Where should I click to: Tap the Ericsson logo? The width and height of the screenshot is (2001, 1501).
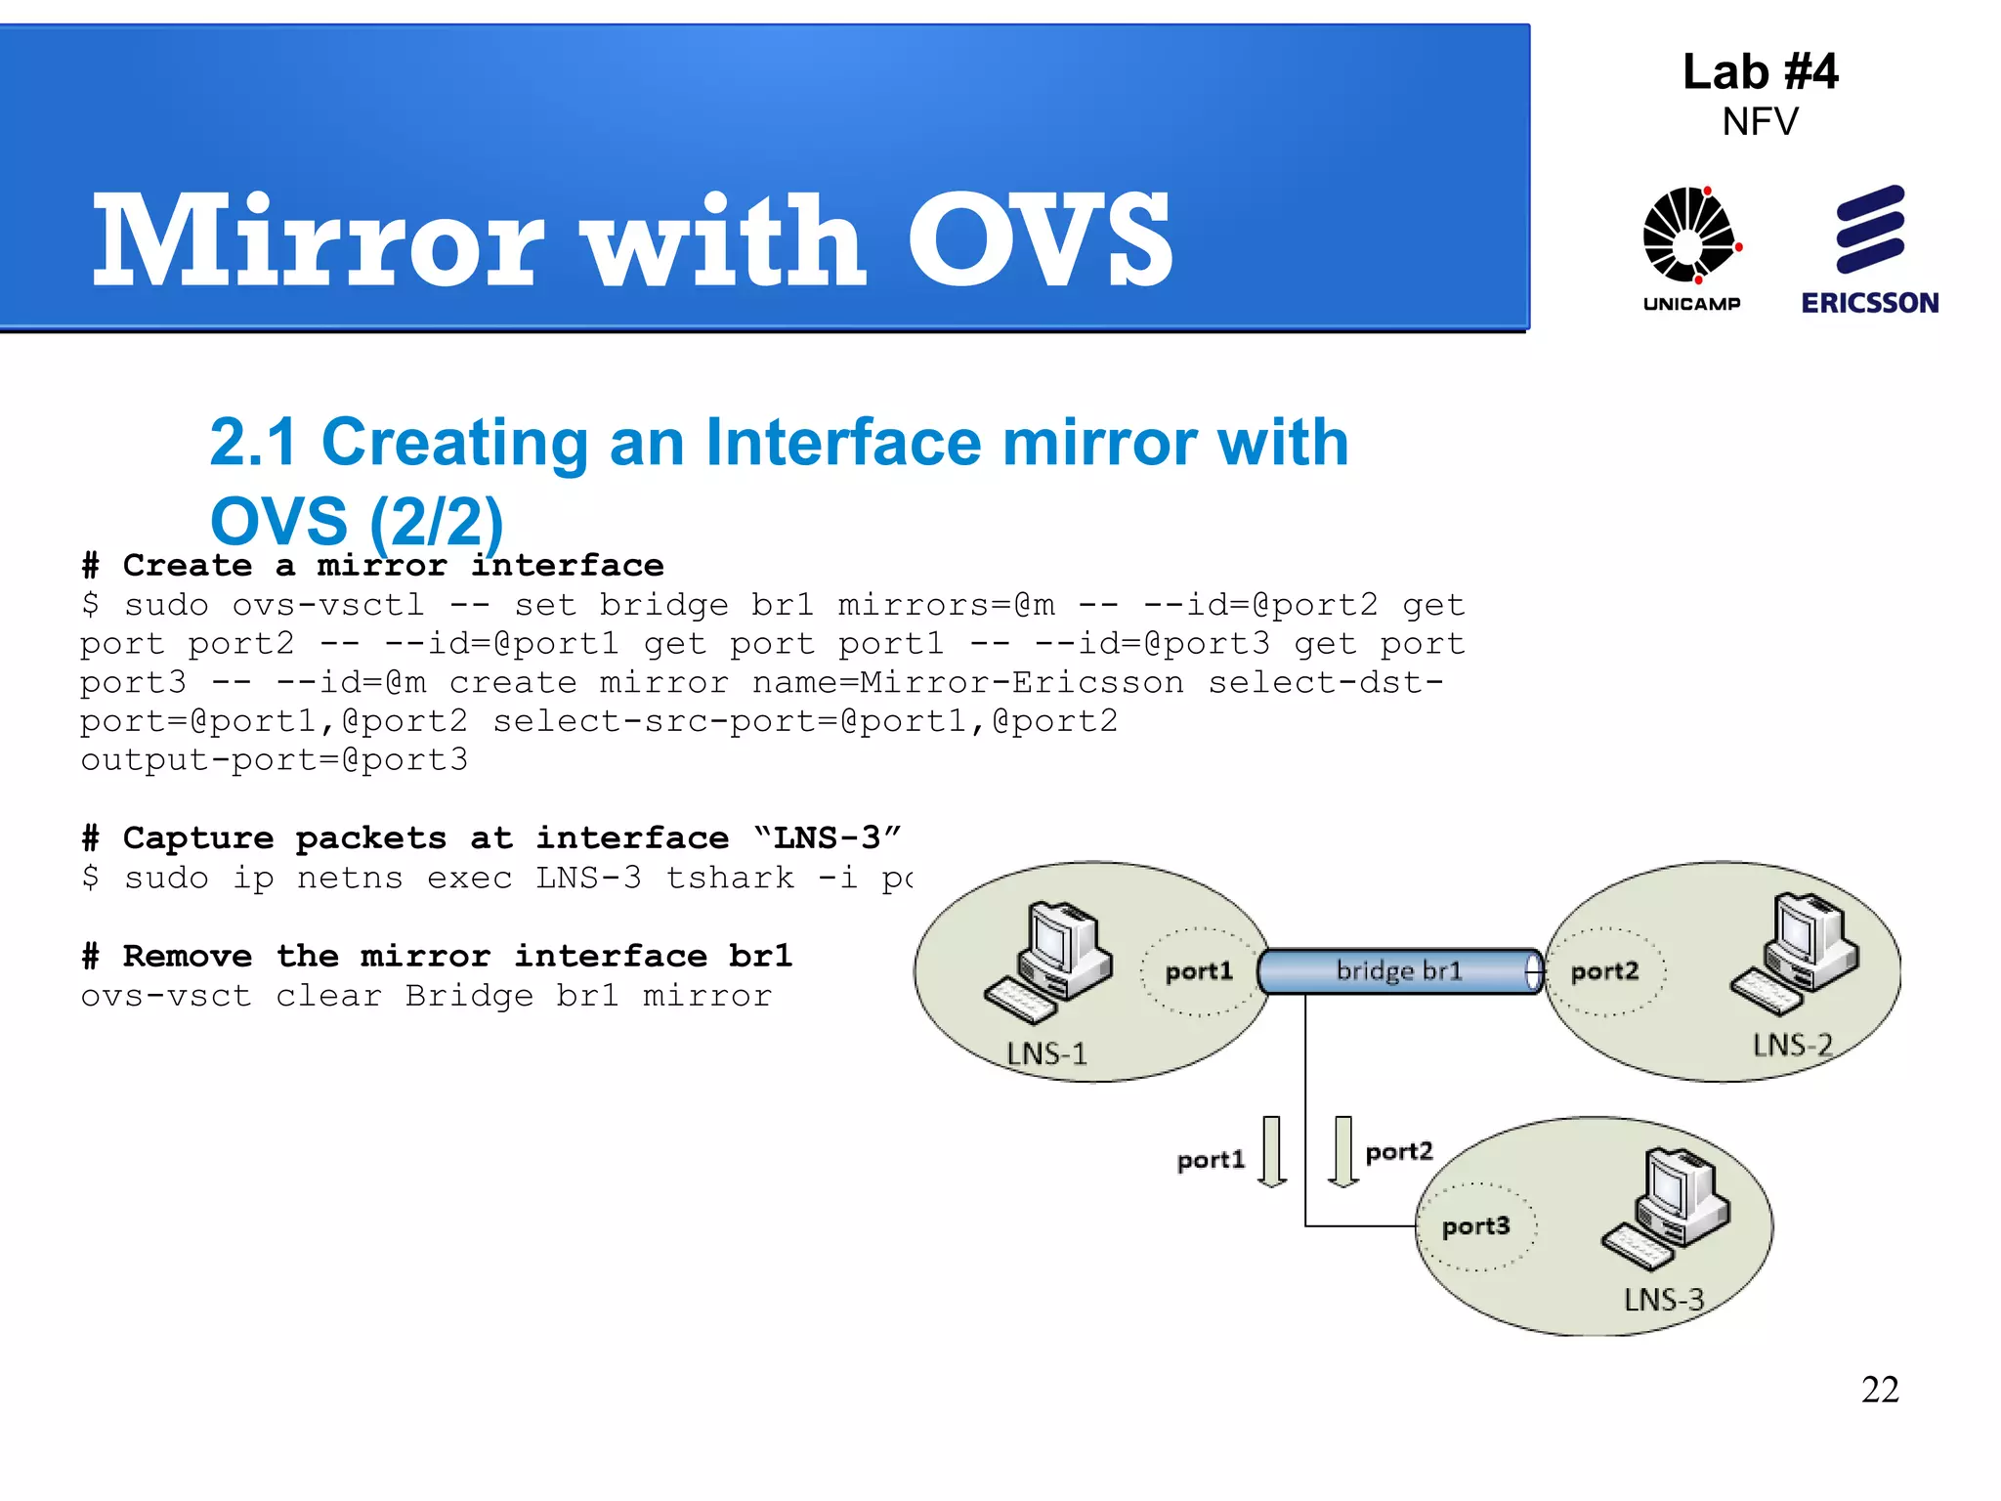(1870, 249)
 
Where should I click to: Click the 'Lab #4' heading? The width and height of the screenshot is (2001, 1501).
(1760, 72)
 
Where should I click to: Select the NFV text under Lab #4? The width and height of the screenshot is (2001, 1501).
(1760, 122)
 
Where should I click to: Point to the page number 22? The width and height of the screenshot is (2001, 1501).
(1880, 1390)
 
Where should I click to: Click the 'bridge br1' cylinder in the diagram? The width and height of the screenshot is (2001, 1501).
(1399, 971)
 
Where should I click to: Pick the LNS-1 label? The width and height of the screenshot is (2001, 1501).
(1046, 1053)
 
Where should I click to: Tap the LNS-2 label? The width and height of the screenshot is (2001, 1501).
(1792, 1046)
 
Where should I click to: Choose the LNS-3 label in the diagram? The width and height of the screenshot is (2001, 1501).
(1664, 1300)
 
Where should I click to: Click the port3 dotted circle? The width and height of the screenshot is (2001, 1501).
(1476, 1226)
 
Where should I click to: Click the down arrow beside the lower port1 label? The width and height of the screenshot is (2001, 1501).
(1271, 1151)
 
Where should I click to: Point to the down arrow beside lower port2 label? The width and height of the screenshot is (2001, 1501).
(1343, 1151)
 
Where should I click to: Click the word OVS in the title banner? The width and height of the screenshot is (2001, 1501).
(1040, 240)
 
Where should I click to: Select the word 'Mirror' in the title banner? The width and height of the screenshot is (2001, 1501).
(318, 240)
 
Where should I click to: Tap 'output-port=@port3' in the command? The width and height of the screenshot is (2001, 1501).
(275, 760)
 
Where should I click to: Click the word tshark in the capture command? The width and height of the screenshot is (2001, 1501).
(730, 878)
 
